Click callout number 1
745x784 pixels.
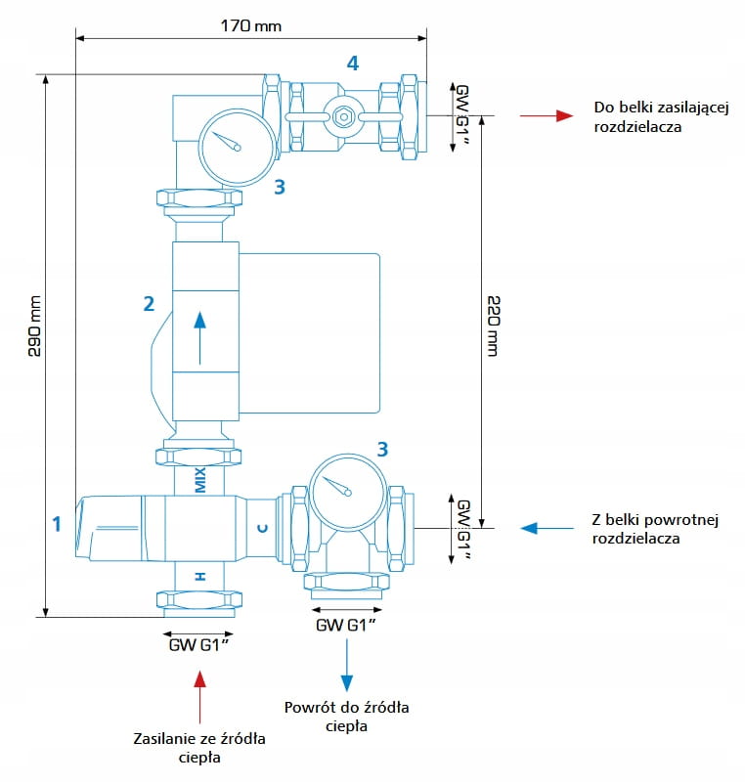[57, 524]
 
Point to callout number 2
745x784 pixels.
[149, 303]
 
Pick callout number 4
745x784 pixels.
[352, 64]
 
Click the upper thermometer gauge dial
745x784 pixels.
[236, 143]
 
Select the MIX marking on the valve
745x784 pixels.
[200, 480]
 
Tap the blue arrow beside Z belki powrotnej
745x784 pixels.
[547, 528]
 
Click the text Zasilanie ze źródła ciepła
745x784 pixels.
[199, 747]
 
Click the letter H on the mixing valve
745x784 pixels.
[200, 577]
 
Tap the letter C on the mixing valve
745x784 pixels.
[262, 528]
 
